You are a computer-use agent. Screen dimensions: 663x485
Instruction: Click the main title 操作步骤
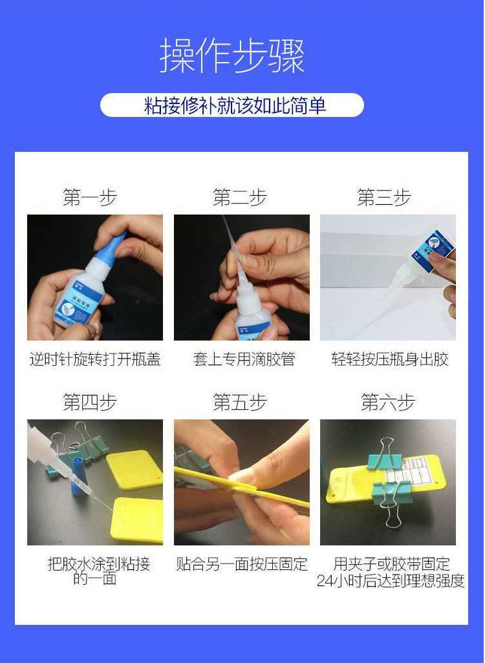[232, 57]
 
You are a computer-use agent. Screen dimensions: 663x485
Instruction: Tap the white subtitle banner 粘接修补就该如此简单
[232, 105]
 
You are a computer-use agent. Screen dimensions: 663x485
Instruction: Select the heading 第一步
[90, 197]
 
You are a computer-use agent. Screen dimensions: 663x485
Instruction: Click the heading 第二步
[240, 197]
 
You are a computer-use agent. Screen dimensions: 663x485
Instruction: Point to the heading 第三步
[384, 197]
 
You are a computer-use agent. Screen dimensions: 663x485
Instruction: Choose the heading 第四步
[90, 403]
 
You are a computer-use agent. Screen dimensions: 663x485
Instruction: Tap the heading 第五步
[240, 403]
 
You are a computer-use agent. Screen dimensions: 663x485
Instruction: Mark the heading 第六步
[387, 403]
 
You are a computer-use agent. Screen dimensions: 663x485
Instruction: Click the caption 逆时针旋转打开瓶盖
[95, 359]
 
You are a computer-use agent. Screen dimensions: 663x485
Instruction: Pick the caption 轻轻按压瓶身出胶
[390, 359]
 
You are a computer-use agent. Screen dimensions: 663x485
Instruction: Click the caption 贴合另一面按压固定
[242, 563]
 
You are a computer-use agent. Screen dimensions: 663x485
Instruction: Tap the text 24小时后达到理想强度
[391, 581]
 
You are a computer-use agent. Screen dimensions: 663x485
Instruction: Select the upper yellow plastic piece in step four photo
[134, 469]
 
